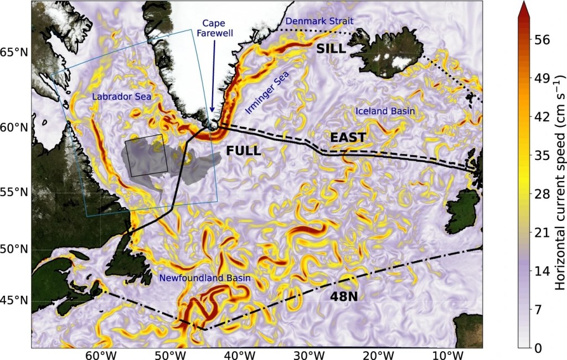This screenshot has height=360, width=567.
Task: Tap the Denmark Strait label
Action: [x=323, y=21]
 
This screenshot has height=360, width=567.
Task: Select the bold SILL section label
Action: [x=331, y=49]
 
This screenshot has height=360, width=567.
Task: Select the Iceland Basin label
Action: [x=385, y=111]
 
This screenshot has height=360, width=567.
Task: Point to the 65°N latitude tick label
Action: [x=15, y=53]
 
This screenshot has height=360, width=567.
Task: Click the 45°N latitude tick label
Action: [x=15, y=301]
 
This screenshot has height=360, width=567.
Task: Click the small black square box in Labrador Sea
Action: [x=146, y=156]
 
